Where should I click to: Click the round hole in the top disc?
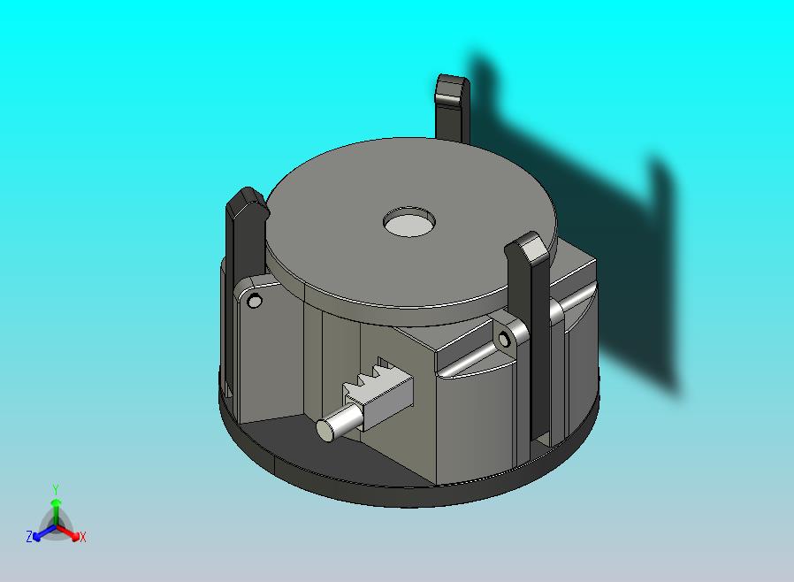click(x=409, y=221)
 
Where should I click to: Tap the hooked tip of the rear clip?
click(x=452, y=89)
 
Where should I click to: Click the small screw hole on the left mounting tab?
click(x=254, y=302)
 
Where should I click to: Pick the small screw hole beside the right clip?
click(x=504, y=339)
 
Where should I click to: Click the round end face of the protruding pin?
click(x=326, y=430)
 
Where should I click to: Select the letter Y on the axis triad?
click(x=56, y=489)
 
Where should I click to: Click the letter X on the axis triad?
click(x=83, y=538)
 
